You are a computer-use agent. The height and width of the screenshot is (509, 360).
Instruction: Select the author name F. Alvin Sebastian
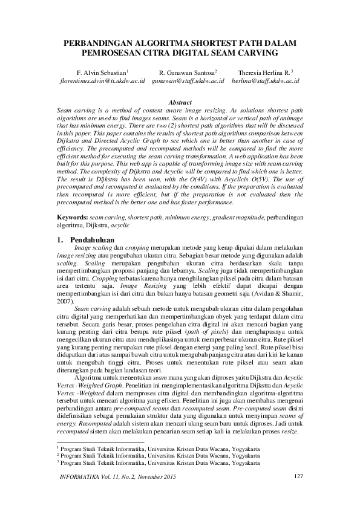click(x=101, y=71)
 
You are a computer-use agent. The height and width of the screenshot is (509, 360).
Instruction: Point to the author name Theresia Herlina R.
click(x=264, y=71)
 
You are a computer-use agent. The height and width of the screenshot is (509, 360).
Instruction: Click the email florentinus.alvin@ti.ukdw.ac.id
click(x=100, y=80)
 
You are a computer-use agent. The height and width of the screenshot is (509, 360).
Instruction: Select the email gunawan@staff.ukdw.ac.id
click(x=188, y=80)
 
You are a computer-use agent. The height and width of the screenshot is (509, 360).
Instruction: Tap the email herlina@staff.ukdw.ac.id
click(x=265, y=80)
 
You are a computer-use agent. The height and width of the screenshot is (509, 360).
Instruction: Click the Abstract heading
click(x=180, y=103)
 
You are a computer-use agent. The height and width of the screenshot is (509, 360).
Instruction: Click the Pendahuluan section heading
click(x=96, y=239)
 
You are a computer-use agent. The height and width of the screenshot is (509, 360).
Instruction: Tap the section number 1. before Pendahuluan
click(x=59, y=239)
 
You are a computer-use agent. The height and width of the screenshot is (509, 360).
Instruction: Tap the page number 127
click(x=297, y=478)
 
